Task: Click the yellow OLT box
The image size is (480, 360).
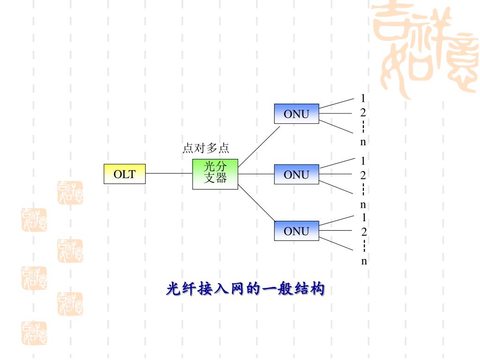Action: coord(124,174)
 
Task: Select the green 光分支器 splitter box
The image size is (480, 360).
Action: coord(215,174)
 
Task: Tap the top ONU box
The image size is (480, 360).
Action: coord(296,113)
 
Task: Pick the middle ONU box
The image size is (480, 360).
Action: coord(296,174)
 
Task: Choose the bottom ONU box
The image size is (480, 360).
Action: coord(296,231)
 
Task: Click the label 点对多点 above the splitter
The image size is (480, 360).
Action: coord(205,149)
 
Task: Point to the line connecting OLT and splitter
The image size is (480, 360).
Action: coord(169,173)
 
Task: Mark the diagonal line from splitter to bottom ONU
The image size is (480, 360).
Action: coord(257,203)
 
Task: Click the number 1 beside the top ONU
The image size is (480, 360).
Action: coord(363,98)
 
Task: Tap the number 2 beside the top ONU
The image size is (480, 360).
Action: coord(363,112)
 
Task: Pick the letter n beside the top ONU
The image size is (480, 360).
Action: coord(363,142)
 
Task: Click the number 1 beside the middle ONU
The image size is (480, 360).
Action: coord(363,161)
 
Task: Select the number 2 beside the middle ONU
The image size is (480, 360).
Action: coord(363,175)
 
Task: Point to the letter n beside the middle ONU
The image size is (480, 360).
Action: coord(363,205)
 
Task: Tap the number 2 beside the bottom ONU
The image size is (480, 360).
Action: coord(364,232)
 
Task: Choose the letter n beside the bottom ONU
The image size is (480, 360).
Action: coord(364,261)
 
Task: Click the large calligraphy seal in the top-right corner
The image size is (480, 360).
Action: coord(424,47)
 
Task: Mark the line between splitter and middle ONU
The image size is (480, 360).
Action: coord(256,174)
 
